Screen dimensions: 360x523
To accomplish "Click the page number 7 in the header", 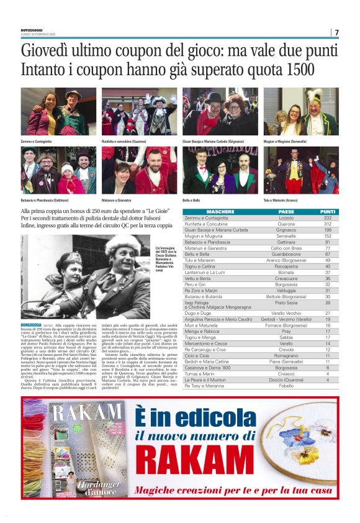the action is click(336, 32).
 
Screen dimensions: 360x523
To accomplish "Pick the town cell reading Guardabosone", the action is click(286, 254).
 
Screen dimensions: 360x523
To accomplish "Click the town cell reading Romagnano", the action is click(286, 355).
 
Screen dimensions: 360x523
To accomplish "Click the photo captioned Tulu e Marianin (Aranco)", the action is click(301, 170).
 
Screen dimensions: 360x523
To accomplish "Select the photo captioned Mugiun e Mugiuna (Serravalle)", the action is click(301, 112).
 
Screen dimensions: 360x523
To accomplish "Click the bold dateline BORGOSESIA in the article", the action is click(30, 325).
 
